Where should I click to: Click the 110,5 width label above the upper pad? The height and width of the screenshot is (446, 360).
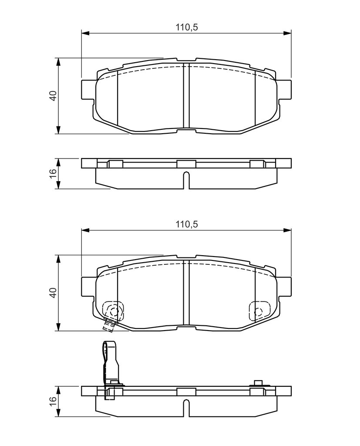pos(186,27)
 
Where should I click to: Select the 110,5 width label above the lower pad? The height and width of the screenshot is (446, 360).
pos(186,224)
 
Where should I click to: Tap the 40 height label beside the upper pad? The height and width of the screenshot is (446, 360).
pos(53,96)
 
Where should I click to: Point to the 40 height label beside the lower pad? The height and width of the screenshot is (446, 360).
pos(53,293)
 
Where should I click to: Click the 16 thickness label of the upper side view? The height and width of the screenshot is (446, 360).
pos(53,173)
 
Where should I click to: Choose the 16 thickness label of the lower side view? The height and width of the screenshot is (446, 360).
pos(53,402)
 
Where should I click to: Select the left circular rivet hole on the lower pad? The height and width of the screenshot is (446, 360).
pos(114,311)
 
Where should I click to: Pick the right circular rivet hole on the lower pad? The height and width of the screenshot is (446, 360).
pos(258,311)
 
